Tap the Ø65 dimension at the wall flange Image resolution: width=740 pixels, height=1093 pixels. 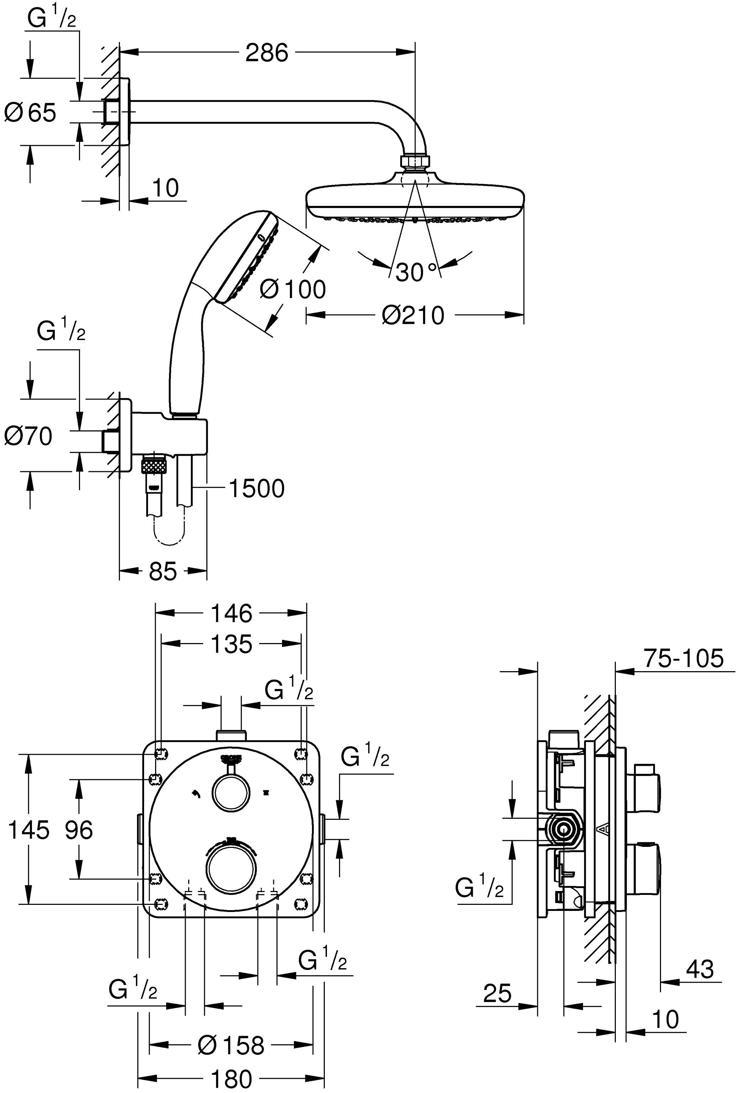click(30, 113)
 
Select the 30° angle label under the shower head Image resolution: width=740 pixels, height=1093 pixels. click(416, 272)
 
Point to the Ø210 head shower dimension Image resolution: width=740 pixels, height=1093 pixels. click(413, 315)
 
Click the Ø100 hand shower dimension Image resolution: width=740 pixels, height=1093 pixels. click(292, 289)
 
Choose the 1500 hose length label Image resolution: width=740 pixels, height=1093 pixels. click(257, 489)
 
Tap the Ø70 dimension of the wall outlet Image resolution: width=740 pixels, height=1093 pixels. click(28, 436)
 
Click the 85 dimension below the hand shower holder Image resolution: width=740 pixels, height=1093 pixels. click(163, 572)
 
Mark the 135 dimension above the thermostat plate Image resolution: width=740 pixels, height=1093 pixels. click(231, 644)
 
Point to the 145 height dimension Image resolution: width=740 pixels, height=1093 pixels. click(28, 830)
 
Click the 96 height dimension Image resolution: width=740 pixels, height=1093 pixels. click(79, 830)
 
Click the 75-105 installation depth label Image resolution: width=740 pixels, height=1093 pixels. click(683, 658)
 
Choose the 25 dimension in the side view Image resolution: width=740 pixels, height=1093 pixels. click(497, 993)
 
